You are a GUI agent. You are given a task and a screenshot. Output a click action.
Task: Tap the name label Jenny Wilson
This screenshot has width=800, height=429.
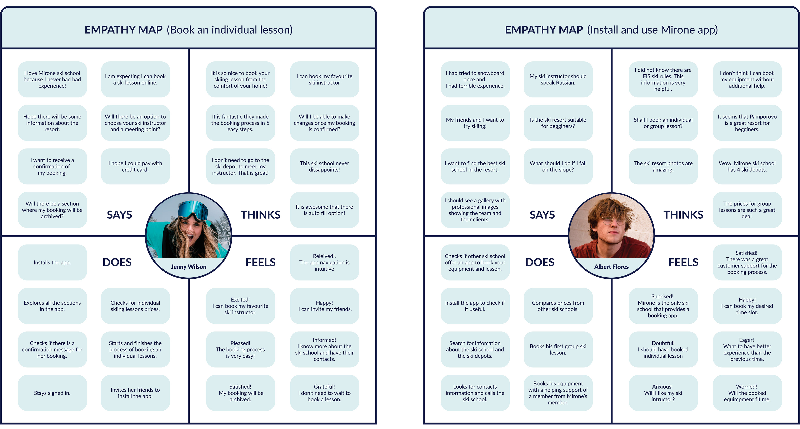pyautogui.click(x=189, y=267)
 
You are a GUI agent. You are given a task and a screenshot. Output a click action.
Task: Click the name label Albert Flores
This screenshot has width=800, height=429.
pyautogui.click(x=611, y=267)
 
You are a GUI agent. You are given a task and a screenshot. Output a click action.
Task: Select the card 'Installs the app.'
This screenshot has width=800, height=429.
pyautogui.click(x=52, y=263)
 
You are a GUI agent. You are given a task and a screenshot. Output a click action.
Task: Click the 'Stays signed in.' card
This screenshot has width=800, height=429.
pyautogui.click(x=52, y=393)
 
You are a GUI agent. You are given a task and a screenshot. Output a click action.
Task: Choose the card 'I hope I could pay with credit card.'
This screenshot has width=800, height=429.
pyautogui.click(x=135, y=166)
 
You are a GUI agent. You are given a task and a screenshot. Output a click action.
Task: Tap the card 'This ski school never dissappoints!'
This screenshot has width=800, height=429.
pyautogui.click(x=324, y=166)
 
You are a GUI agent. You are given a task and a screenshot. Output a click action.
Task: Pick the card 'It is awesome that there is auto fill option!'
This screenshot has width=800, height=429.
pyautogui.click(x=324, y=210)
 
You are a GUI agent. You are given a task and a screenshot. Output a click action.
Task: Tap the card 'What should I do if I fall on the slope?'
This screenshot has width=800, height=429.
pyautogui.click(x=558, y=166)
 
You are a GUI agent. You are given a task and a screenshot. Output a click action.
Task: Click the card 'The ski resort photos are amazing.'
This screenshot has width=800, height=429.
pyautogui.click(x=663, y=166)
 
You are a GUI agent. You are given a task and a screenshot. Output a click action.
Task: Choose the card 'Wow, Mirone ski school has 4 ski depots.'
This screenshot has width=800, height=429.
pyautogui.click(x=747, y=166)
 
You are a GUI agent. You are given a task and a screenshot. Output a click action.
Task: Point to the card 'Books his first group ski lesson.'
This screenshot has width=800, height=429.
pyautogui.click(x=558, y=349)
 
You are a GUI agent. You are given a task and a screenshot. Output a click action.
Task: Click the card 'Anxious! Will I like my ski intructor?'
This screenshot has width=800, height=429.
pyautogui.click(x=663, y=393)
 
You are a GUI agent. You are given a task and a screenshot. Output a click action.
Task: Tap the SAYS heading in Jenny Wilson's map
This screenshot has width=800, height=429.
pyautogui.click(x=119, y=215)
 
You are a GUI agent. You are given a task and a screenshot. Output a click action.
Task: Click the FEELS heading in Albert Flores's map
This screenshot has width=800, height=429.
pyautogui.click(x=683, y=262)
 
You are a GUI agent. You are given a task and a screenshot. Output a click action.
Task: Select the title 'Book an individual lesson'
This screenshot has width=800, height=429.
pyautogui.click(x=230, y=30)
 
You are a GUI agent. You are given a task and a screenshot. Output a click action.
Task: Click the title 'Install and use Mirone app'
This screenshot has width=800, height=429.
pyautogui.click(x=652, y=30)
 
